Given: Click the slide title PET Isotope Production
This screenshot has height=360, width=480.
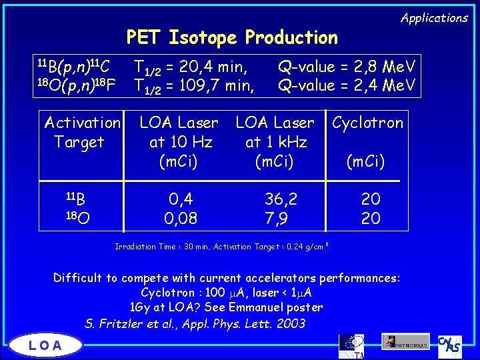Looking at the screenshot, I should [x=232, y=37].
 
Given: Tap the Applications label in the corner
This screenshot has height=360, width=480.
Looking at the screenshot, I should [x=434, y=18].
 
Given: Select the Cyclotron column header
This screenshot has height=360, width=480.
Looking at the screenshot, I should [x=367, y=123].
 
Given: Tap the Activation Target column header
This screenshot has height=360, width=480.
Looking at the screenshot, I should [x=81, y=132].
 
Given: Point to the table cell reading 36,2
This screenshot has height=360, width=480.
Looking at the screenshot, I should [x=281, y=199].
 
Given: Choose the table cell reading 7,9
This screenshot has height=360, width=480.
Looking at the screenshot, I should [x=276, y=218].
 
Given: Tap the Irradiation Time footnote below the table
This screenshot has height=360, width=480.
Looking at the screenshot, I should [x=223, y=247].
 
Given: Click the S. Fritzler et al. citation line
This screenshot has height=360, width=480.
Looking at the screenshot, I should [x=195, y=324].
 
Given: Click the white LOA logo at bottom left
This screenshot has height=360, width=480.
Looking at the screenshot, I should [x=46, y=345].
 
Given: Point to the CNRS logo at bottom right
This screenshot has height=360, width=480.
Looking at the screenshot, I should [x=451, y=345].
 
